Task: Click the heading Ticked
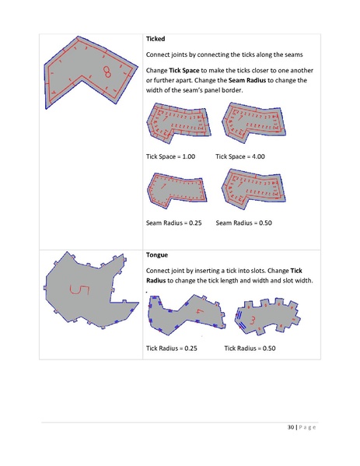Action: (x=156, y=38)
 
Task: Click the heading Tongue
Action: (x=158, y=254)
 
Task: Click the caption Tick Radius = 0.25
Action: (x=171, y=349)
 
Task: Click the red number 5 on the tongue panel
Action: (x=75, y=291)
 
